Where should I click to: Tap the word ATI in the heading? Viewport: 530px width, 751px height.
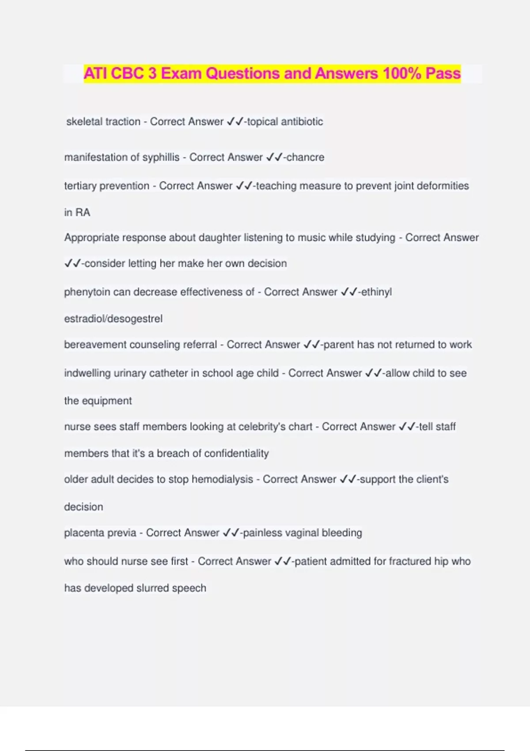tap(95, 73)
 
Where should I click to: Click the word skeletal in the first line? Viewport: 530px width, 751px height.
tap(84, 121)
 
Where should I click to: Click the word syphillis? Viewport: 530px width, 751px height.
tap(161, 157)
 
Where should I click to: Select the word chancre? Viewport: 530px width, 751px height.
tap(305, 157)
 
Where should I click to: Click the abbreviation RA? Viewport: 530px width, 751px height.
tap(83, 212)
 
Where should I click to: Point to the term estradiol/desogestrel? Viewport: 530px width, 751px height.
tap(113, 319)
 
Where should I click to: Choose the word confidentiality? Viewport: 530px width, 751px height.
tap(236, 453)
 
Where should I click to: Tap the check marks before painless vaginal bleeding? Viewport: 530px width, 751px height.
tap(231, 533)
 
